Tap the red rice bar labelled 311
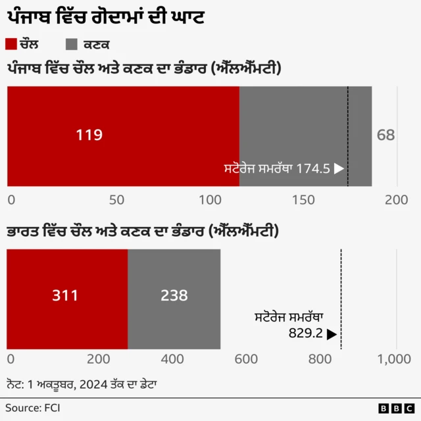[66, 299]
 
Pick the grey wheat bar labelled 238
[174, 299]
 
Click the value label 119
[89, 136]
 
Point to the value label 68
[385, 136]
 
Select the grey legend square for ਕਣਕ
[72, 44]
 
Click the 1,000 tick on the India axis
[395, 359]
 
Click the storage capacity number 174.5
[312, 168]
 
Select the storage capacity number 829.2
[305, 334]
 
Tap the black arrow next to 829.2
[332, 334]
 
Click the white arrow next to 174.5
[339, 168]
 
